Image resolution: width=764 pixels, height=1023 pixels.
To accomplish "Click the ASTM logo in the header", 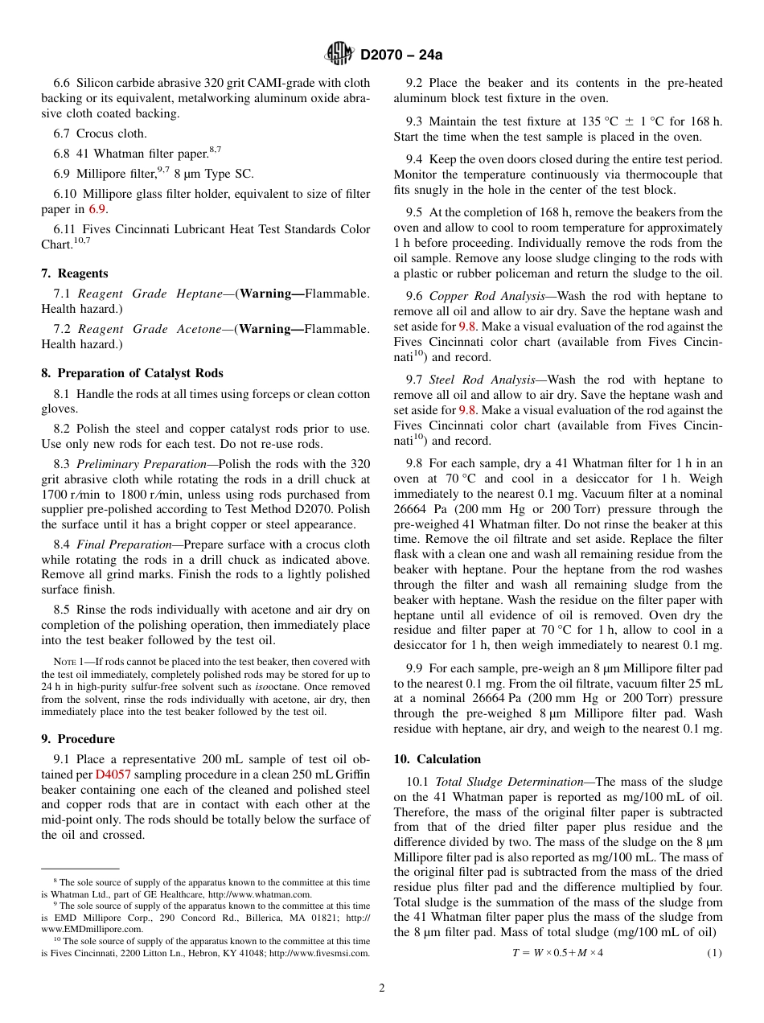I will [x=339, y=54].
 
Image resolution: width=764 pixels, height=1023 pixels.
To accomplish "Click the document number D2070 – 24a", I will [x=401, y=55].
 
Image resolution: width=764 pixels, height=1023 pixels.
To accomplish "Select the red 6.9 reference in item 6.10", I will [x=97, y=209].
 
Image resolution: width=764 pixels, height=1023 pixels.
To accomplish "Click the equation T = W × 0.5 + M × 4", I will [x=557, y=953].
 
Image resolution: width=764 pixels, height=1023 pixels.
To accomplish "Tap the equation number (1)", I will [x=714, y=953].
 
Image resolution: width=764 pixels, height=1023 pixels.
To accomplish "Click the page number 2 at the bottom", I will [x=382, y=988].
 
